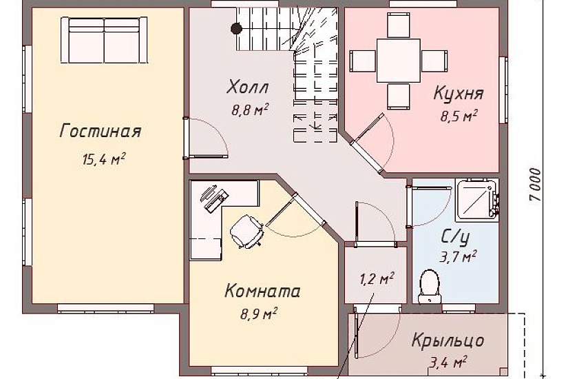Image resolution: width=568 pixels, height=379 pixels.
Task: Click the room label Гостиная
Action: coord(101,131)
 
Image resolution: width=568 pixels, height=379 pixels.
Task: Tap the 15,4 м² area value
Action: coord(103,160)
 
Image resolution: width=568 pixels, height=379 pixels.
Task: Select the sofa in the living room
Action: coord(104,41)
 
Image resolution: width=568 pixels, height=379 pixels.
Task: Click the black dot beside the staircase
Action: coord(236,28)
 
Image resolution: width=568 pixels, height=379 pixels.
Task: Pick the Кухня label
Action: coord(458,94)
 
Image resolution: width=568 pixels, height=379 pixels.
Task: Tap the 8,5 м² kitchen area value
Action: coord(459,116)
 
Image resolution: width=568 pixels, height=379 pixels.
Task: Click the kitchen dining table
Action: coord(398,60)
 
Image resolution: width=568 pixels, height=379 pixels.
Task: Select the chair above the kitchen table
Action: coord(399,25)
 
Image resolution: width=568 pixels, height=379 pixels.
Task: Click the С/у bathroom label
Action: coord(455,238)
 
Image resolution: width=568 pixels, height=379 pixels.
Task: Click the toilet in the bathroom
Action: coord(430,285)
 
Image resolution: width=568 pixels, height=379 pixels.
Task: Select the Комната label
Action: coord(262,291)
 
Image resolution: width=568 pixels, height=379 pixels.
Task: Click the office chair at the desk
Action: coord(246,230)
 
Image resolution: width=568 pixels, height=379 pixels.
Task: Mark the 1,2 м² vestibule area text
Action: coord(377,279)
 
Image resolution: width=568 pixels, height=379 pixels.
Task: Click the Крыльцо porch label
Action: coord(448,340)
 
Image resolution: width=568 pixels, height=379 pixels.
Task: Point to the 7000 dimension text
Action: coord(536,184)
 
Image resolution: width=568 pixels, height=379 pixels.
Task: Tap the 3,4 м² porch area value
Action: coord(448,361)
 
